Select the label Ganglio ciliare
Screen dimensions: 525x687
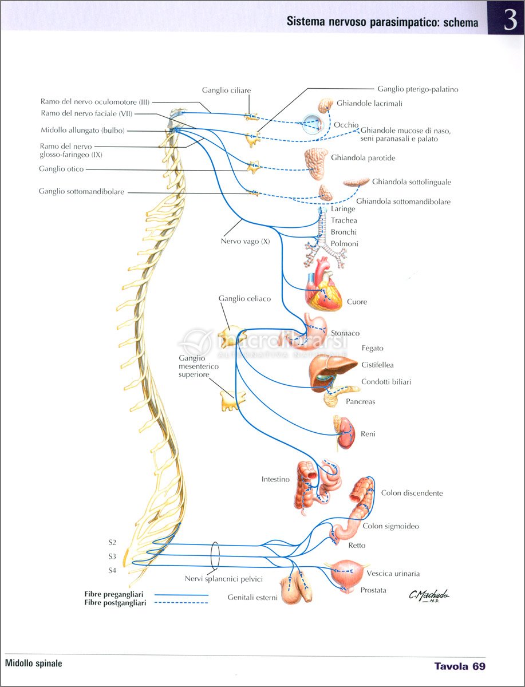(x=226, y=90)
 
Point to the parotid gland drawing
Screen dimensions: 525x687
(x=316, y=164)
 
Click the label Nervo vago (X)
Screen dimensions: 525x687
(x=245, y=242)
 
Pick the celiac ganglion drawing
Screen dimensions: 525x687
(x=231, y=337)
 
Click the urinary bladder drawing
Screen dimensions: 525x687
(x=346, y=572)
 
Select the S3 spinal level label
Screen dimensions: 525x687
(x=112, y=556)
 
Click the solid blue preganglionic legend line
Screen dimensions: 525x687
(x=181, y=595)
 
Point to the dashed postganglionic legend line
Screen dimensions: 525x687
(x=181, y=603)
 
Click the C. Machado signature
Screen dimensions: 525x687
(x=429, y=595)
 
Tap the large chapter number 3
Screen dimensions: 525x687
(x=510, y=21)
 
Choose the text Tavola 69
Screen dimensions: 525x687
(x=460, y=666)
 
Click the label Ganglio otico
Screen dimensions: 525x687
(x=61, y=169)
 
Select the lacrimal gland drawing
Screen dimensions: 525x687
(x=325, y=105)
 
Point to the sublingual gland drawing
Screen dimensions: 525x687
(x=356, y=182)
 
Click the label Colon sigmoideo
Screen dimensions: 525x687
(x=390, y=526)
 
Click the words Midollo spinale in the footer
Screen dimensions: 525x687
(x=33, y=663)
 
